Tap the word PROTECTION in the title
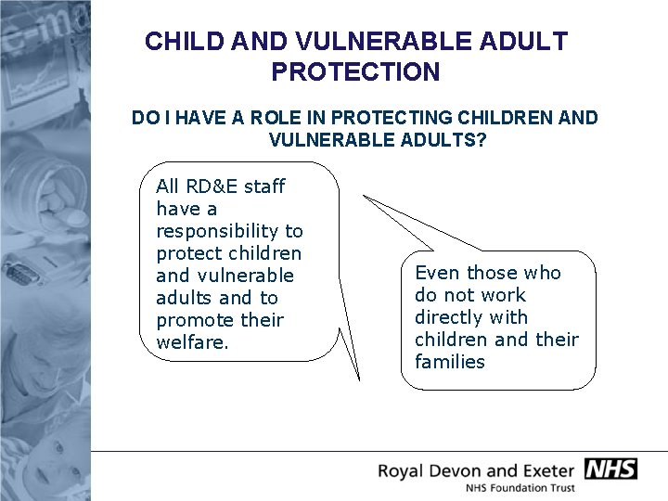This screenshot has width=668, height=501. (x=356, y=71)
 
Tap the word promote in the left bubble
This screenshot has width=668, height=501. (x=194, y=320)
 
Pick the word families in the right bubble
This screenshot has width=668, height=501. (x=450, y=362)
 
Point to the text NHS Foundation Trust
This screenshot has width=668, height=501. (x=520, y=488)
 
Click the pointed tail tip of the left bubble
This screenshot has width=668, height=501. (x=358, y=379)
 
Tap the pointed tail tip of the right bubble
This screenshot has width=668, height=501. (x=364, y=197)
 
